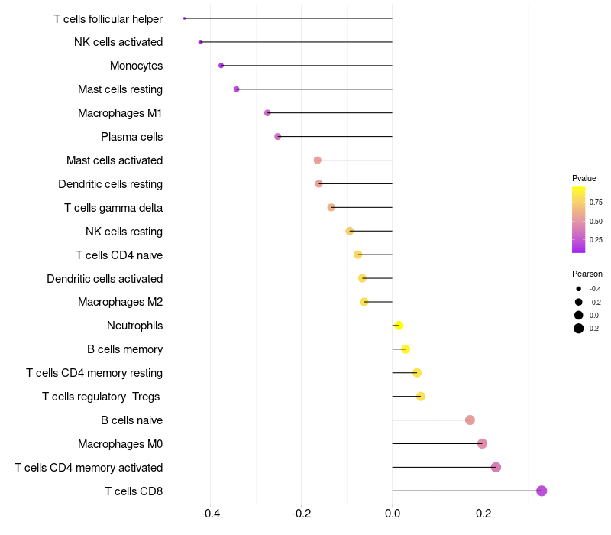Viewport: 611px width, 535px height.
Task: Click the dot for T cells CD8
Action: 541,491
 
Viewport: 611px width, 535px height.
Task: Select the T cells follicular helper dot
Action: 185,18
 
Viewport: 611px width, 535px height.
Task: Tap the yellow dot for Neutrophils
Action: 399,326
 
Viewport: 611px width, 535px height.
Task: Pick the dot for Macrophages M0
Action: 482,443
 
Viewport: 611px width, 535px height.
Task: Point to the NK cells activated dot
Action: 201,42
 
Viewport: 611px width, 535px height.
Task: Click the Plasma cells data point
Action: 278,137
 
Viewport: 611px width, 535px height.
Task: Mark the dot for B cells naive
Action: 470,420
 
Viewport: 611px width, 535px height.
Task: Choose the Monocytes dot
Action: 221,66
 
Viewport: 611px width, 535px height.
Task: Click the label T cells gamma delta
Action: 113,208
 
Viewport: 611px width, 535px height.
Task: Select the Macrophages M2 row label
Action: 120,302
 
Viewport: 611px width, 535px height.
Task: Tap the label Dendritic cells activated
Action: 105,278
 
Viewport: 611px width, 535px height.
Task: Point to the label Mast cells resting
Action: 120,89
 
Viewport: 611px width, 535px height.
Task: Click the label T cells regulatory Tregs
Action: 102,396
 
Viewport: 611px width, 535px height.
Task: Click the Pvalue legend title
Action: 584,178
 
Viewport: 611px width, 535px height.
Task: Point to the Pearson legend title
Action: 587,274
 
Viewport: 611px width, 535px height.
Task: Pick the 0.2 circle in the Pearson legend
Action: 579,329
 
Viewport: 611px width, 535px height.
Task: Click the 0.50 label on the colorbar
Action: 596,221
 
